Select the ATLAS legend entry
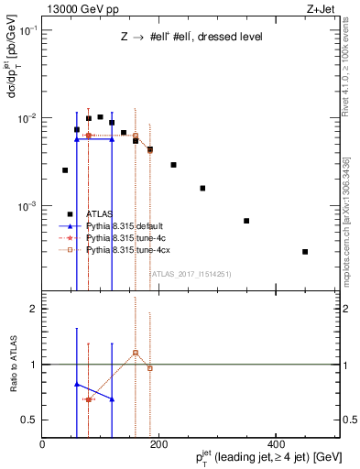pos(98,213)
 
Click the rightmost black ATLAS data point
pos(305,251)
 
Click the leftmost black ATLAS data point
pos(65,170)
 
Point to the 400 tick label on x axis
pos(276,445)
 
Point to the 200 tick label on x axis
pos(158,445)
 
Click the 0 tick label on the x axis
pos(42,445)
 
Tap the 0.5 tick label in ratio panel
pos(30,420)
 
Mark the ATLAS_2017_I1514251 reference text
pos(191,273)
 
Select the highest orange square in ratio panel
pos(136,352)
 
